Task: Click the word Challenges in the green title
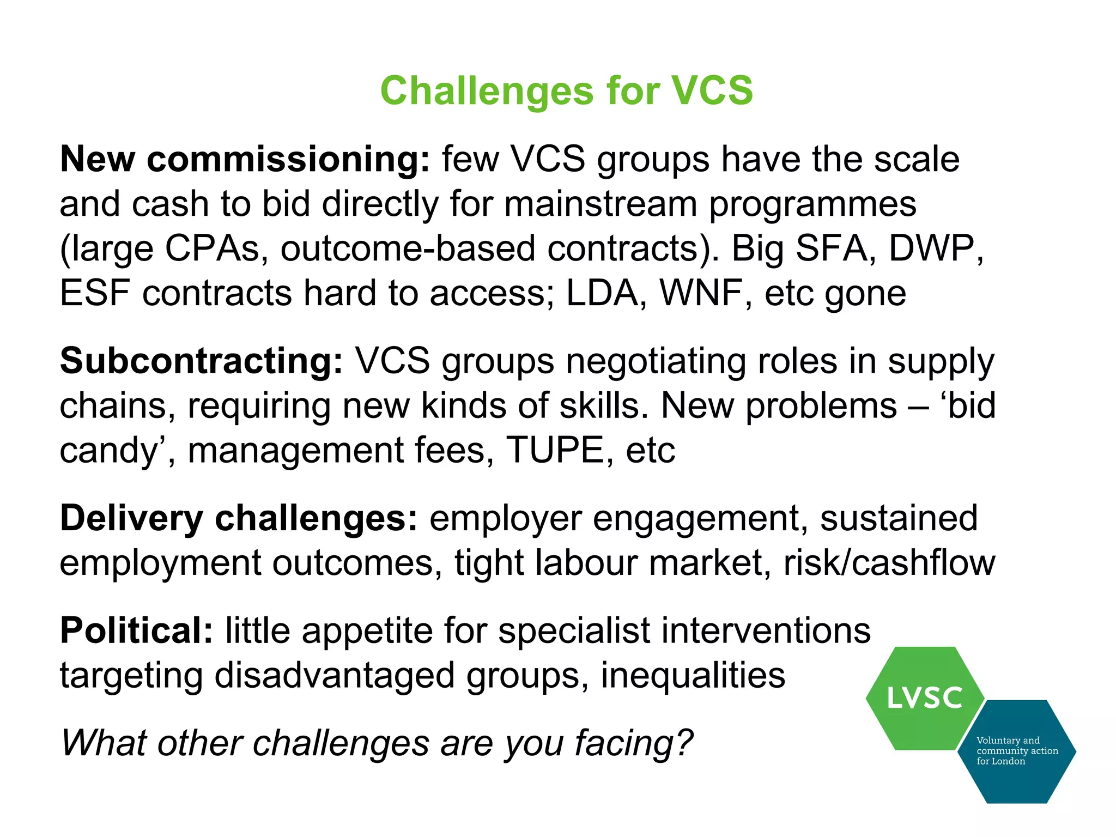pos(487,90)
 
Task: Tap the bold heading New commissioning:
pos(245,160)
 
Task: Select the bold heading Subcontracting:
pos(201,361)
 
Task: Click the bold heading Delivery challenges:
pos(239,518)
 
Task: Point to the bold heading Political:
pos(136,631)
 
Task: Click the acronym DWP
pos(935,248)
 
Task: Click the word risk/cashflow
pos(889,563)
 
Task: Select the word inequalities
pos(693,676)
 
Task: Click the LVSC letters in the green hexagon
pos(924,698)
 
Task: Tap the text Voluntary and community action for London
pos(1016,751)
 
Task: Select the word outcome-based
pos(408,248)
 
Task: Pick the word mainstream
pos(601,204)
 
